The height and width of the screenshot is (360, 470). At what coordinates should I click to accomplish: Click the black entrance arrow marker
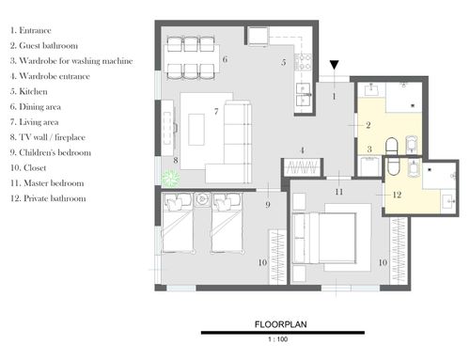pyautogui.click(x=335, y=65)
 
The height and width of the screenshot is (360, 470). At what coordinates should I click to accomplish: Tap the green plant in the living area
pyautogui.click(x=171, y=179)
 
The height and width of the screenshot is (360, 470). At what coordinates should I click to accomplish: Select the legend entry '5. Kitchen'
pyautogui.click(x=29, y=91)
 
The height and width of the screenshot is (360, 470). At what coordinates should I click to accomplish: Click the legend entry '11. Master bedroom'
pyautogui.click(x=47, y=183)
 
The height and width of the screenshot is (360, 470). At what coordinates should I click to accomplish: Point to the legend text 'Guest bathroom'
pyautogui.click(x=49, y=46)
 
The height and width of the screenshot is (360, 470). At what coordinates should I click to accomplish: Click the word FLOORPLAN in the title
pyautogui.click(x=281, y=324)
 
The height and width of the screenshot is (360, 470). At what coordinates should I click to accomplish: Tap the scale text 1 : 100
pyautogui.click(x=278, y=339)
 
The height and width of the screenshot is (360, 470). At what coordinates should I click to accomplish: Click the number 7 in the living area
pyautogui.click(x=216, y=111)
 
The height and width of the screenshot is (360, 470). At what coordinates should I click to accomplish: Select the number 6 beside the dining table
pyautogui.click(x=225, y=59)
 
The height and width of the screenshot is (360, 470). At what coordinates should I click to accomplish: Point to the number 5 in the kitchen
pyautogui.click(x=284, y=62)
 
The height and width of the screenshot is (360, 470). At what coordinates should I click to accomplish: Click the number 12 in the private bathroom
pyautogui.click(x=397, y=195)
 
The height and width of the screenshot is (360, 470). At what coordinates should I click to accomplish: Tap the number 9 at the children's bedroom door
pyautogui.click(x=268, y=205)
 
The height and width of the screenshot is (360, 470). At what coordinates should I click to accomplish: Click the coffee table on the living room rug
pyautogui.click(x=196, y=130)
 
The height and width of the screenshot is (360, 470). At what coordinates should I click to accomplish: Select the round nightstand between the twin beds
pyautogui.click(x=201, y=199)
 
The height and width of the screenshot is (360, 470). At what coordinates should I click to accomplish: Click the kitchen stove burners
pyautogui.click(x=303, y=62)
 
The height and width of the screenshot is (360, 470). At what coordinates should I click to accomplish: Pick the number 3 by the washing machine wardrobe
pyautogui.click(x=369, y=149)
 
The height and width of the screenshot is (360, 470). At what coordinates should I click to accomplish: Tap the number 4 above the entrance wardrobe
pyautogui.click(x=302, y=150)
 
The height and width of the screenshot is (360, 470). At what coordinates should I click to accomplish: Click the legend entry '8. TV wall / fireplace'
pyautogui.click(x=48, y=137)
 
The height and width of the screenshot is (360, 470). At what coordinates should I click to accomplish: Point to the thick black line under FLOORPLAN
pyautogui.click(x=283, y=333)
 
